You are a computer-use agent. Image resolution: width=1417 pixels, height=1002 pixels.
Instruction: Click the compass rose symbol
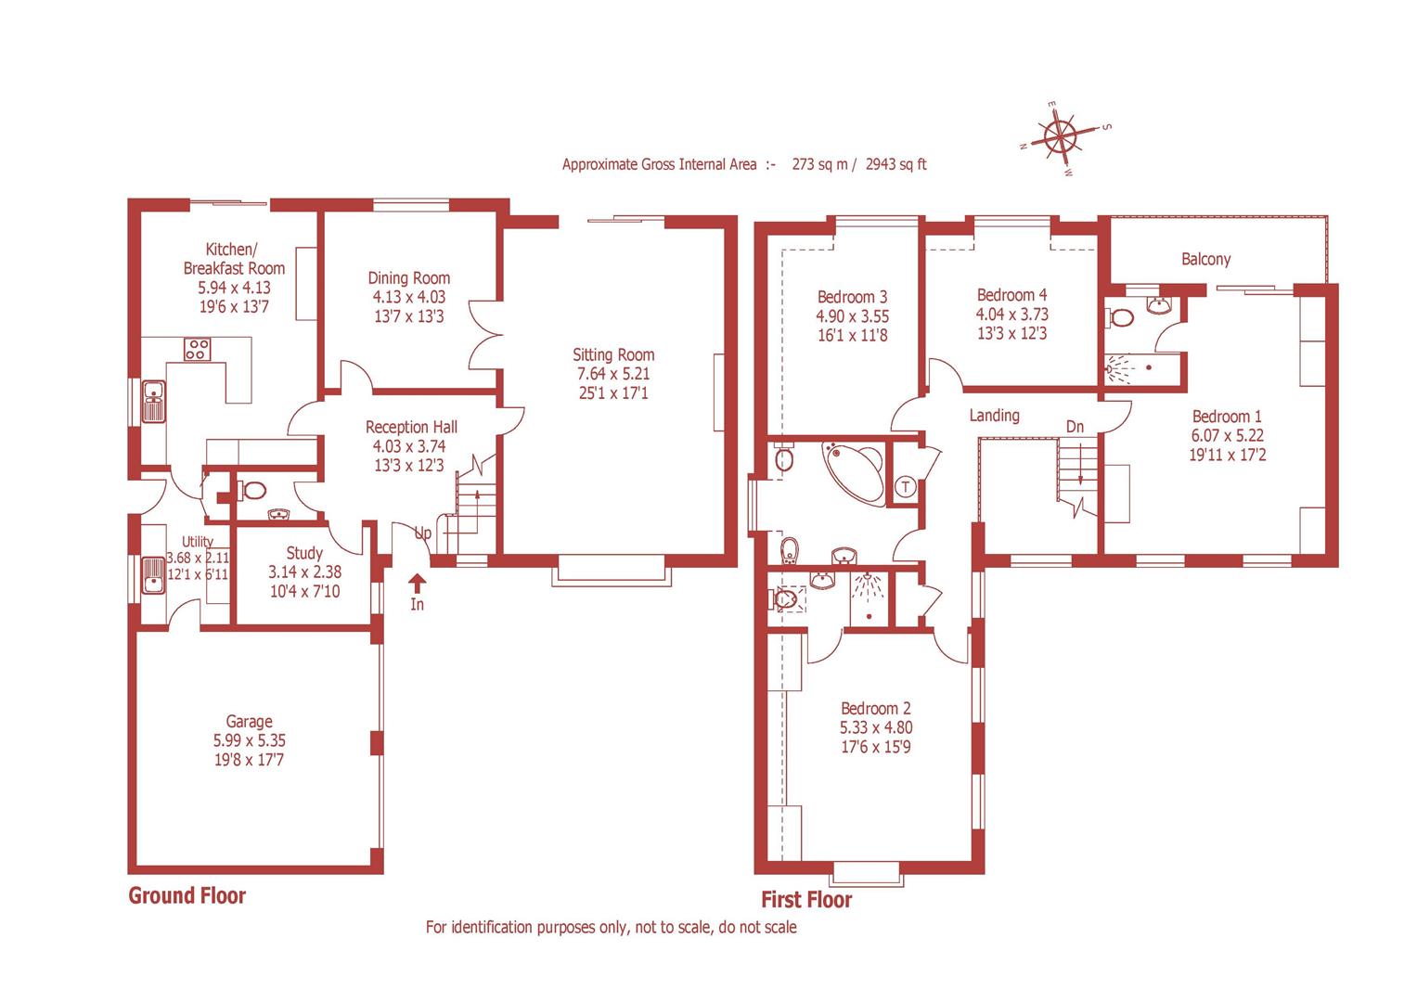[1061, 138]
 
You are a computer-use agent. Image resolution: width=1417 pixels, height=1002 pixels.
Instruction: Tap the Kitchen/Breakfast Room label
[233, 259]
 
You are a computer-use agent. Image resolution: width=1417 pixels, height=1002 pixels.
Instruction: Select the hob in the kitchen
[197, 350]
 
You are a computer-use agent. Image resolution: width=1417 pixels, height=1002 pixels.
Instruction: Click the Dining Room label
[408, 277]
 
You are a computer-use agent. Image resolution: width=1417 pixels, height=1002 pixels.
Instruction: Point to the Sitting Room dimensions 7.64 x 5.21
[612, 374]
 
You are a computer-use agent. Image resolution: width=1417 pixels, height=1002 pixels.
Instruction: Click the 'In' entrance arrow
[417, 584]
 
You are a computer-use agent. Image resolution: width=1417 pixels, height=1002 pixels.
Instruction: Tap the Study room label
[304, 553]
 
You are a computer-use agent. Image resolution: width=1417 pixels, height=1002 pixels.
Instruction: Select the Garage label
[249, 721]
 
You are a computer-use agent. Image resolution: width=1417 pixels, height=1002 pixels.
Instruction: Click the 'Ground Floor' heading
[187, 895]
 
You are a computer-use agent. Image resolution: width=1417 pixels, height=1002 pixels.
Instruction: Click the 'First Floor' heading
[805, 899]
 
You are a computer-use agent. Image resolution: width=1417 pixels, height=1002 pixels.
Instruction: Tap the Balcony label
[1205, 259]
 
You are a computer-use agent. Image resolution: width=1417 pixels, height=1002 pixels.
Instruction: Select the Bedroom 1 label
[1227, 416]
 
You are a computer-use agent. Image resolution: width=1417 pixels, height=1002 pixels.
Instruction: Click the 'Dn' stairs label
[1075, 427]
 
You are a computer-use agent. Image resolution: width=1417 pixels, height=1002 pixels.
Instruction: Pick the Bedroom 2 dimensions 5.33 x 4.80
[875, 727]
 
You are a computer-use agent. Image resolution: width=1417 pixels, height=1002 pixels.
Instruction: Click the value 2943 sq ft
[895, 164]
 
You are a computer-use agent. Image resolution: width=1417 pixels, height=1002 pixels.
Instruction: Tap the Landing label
[994, 415]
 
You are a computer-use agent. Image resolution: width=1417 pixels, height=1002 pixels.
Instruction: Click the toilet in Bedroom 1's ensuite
[1120, 318]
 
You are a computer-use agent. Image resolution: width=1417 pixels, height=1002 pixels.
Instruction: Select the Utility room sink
[150, 575]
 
